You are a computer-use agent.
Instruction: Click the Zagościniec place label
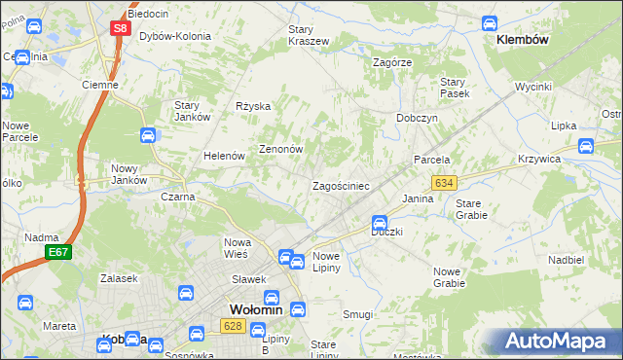(x=340, y=185)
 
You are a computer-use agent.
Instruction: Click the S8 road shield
(x=119, y=29)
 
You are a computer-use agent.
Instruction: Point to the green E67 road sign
(x=58, y=252)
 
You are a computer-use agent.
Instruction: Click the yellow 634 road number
(x=445, y=183)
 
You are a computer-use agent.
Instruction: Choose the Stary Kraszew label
(x=308, y=36)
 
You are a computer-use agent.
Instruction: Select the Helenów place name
(x=222, y=156)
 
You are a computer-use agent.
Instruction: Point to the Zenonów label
(x=281, y=150)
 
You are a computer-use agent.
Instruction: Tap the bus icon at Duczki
(x=381, y=223)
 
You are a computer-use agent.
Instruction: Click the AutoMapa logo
(x=561, y=342)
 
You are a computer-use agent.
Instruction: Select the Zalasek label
(x=118, y=278)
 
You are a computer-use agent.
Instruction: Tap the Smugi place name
(x=357, y=314)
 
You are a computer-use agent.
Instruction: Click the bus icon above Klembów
(x=491, y=21)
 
